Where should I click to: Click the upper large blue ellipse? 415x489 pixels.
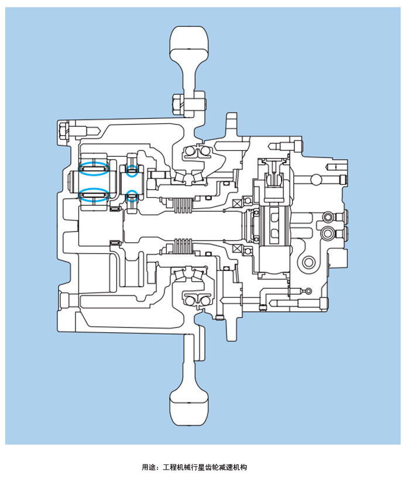point(94,168)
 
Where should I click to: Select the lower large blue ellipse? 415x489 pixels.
point(94,194)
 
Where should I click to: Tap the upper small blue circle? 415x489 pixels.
point(132,171)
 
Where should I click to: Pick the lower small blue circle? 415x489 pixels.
point(132,196)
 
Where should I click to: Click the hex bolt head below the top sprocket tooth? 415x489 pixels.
point(177,105)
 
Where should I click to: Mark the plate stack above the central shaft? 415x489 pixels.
point(184,204)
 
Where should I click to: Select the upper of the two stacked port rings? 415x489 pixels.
point(328,218)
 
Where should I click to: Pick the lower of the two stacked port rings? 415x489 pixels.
point(328,233)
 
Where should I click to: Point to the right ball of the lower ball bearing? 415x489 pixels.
point(206,301)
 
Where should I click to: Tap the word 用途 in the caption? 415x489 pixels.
point(149,467)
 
